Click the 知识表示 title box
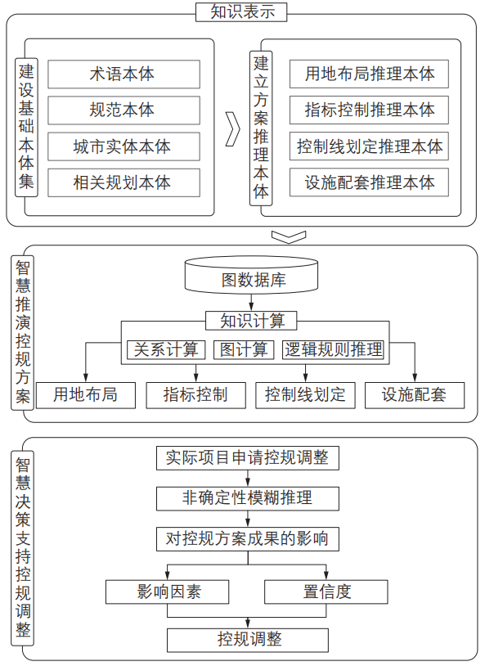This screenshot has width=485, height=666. point(241,12)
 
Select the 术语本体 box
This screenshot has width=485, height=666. point(123,74)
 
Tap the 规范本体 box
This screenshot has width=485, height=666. point(123,110)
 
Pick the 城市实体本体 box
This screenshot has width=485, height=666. point(123,146)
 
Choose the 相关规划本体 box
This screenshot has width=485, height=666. point(123,182)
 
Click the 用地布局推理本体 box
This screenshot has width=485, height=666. point(369,74)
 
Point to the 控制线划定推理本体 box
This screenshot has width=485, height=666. point(369,146)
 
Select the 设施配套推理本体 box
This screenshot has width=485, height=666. point(369,182)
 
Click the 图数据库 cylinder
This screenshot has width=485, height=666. point(251,275)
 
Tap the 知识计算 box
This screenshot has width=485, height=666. point(251,321)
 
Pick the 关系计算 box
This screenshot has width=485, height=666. point(166,349)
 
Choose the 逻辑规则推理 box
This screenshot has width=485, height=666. point(334,349)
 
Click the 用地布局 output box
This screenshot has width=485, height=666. point(86,395)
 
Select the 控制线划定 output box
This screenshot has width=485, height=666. point(305,395)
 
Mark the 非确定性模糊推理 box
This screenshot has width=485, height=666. point(248,498)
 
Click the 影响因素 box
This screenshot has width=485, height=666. point(168,592)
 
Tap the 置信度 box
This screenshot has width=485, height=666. point(326,592)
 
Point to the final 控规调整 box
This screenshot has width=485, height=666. point(248,641)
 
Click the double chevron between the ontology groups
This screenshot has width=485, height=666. point(233,129)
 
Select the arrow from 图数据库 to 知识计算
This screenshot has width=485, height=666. point(251,303)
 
